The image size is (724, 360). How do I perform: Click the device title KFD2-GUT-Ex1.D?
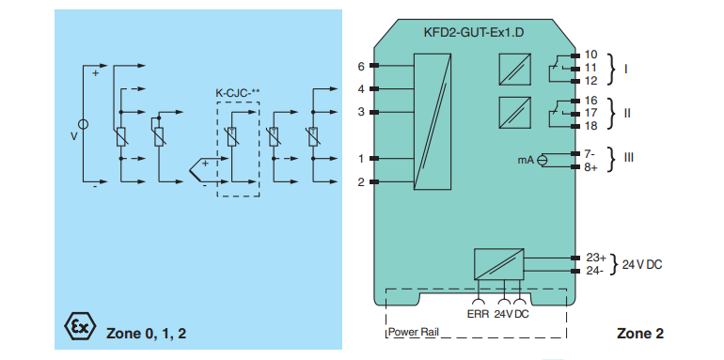[474, 33]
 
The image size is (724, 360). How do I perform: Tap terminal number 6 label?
[361, 67]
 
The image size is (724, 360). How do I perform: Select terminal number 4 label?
[361, 89]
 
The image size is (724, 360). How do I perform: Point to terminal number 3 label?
[361, 112]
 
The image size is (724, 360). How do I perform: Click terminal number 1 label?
[361, 159]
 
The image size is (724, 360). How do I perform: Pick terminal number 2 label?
[361, 182]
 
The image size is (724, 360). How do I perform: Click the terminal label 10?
[590, 55]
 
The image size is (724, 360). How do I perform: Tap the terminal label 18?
[590, 126]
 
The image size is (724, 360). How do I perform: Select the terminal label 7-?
[590, 153]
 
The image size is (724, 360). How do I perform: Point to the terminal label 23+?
[595, 258]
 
